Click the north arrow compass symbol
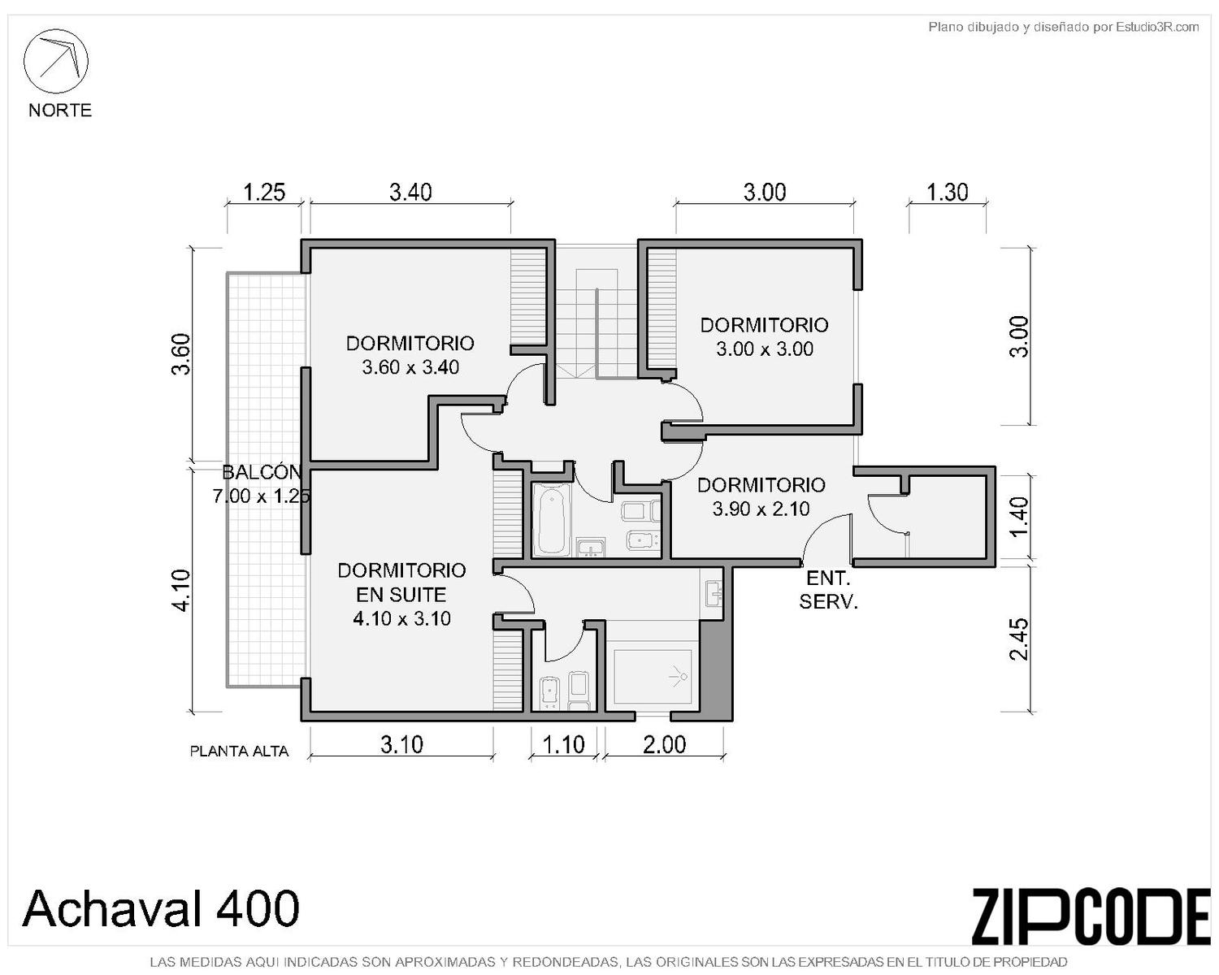[x=55, y=61]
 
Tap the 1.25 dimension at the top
[x=264, y=193]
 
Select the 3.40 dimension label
[x=410, y=193]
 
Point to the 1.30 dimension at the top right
[x=947, y=193]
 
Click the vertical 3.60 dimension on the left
[x=181, y=354]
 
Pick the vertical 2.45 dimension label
[x=1018, y=639]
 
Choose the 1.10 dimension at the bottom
[x=564, y=745]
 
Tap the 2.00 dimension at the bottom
[x=665, y=745]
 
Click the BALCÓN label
[x=261, y=472]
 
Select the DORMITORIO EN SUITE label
[x=401, y=583]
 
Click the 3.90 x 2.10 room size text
[x=761, y=509]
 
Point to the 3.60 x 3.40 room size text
[x=410, y=368]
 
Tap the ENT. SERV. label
[x=829, y=590]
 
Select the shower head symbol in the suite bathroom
[x=679, y=677]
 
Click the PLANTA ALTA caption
[x=239, y=752]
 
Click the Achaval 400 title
[x=160, y=908]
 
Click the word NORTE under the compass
[x=60, y=110]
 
